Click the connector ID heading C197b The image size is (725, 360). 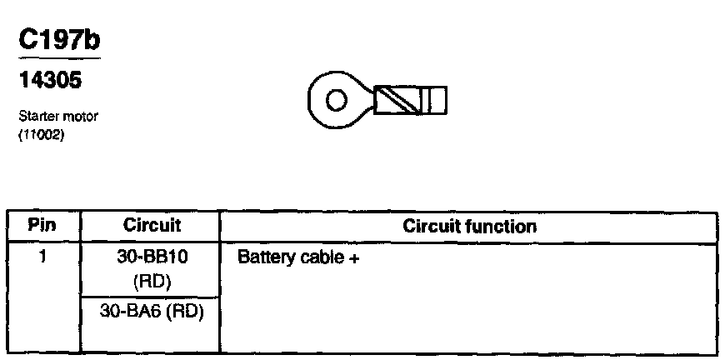[57, 39]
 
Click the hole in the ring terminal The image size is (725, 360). [336, 101]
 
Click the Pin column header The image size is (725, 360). [42, 226]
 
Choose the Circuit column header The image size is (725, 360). [152, 226]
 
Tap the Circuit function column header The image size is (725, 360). [469, 226]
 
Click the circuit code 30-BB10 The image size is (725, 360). [152, 257]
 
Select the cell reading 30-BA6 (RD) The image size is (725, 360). [152, 310]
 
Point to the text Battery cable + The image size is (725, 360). [298, 258]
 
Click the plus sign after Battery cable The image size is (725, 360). [354, 258]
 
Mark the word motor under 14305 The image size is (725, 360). [82, 117]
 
